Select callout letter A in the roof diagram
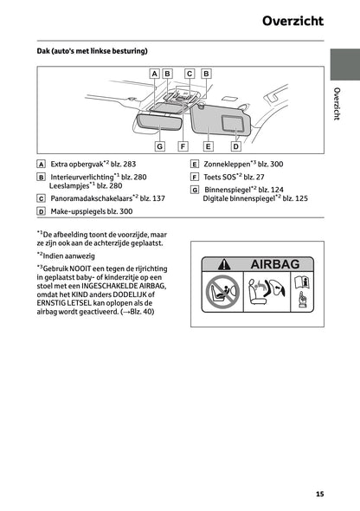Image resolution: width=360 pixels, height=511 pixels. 154,74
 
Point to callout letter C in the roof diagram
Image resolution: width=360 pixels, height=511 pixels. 190,74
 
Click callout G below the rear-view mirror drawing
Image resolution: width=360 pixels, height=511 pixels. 160,146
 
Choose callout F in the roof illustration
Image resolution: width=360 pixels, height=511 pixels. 183,146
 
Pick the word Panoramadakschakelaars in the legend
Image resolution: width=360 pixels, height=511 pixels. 89,198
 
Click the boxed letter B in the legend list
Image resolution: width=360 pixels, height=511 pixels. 42,176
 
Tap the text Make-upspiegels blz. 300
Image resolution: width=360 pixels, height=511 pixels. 92,210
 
